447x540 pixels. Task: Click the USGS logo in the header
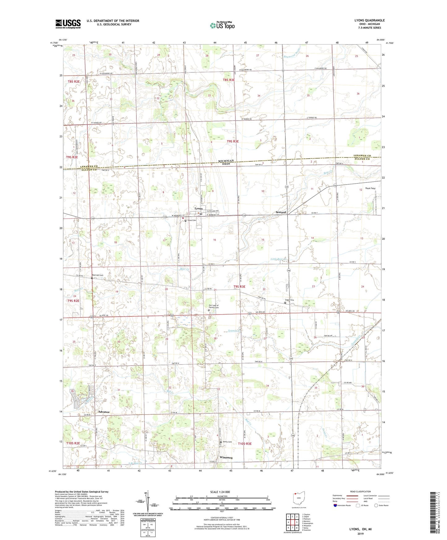point(68,24)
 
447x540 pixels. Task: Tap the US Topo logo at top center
point(222,25)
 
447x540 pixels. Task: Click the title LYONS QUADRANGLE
point(369,20)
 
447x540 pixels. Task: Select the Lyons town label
point(198,208)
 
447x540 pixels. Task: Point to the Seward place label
point(281,212)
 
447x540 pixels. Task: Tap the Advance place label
point(104,412)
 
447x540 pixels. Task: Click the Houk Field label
point(370,188)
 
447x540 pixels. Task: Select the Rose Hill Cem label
point(97,275)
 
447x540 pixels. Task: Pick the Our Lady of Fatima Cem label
point(214,306)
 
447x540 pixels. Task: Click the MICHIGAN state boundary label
point(226,161)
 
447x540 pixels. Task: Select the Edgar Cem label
point(289,300)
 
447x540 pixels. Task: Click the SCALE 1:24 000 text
point(220,492)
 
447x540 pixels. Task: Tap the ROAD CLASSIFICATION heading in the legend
point(361,491)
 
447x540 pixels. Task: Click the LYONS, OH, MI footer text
point(360,529)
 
